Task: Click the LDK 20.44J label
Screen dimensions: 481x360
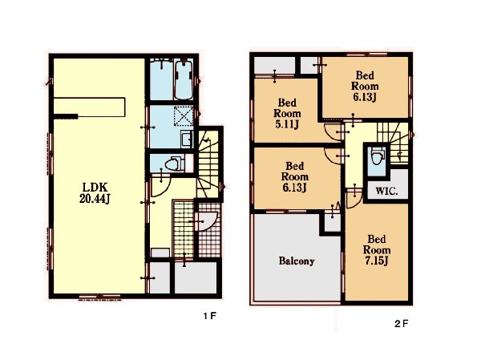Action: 95,192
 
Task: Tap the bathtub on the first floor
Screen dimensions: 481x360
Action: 184,79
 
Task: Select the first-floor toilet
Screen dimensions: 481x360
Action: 173,164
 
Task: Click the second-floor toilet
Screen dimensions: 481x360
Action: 377,156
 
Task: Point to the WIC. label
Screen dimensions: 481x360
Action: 386,191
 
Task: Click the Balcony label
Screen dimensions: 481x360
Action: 297,261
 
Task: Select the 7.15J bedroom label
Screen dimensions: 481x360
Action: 377,250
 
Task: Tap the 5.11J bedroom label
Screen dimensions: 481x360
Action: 287,113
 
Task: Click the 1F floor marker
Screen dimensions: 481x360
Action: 210,315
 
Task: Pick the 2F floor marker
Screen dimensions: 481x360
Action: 402,323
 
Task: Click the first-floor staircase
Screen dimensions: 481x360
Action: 208,165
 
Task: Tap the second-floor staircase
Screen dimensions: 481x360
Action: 393,143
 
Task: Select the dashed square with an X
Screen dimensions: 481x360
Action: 184,115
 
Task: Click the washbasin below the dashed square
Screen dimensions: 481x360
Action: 186,139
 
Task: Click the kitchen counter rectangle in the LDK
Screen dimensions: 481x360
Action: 89,107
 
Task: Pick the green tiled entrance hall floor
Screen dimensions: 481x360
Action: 184,229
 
